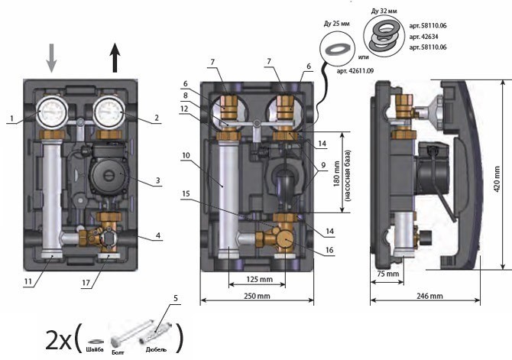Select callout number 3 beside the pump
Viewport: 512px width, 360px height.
tap(157, 181)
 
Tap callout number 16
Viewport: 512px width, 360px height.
tap(329, 251)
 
